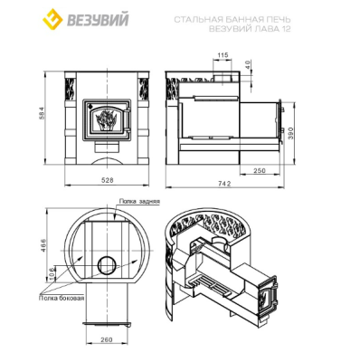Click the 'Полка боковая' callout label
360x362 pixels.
(x=62, y=296)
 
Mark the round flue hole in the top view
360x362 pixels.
(x=106, y=264)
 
